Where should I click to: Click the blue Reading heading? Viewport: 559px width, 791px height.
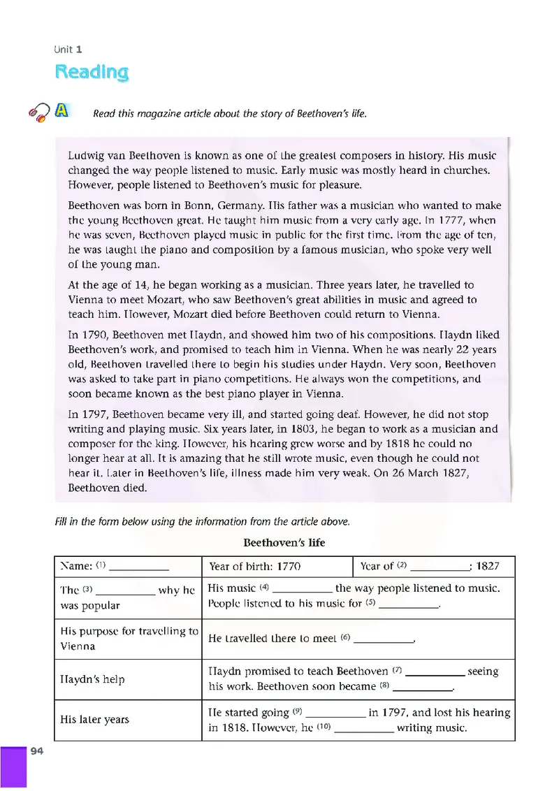coord(92,72)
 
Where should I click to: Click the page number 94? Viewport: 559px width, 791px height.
coord(37,750)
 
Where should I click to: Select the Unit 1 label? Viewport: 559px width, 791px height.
coord(68,49)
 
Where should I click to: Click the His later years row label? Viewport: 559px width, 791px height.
coord(95,720)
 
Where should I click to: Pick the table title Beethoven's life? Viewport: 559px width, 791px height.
coord(284,542)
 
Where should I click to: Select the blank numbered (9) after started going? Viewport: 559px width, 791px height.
coord(336,713)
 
